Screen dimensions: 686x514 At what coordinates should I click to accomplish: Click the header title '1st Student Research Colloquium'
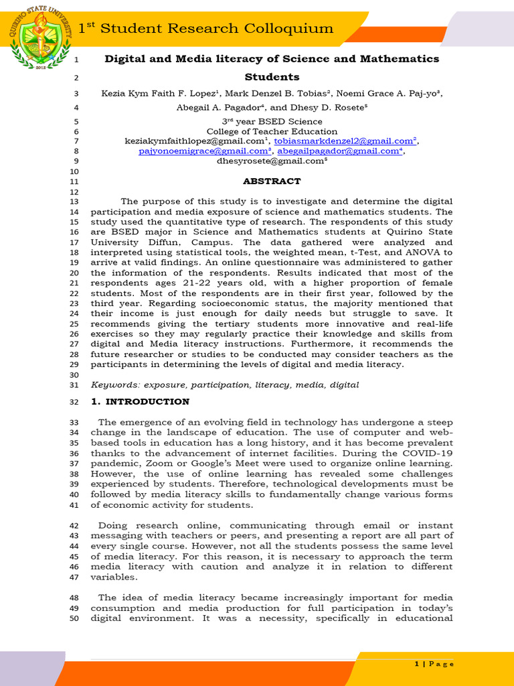pyautogui.click(x=206, y=28)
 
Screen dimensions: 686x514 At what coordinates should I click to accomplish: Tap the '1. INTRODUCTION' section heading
pyautogui.click(x=140, y=401)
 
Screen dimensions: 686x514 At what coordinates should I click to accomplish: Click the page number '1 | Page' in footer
pyautogui.click(x=434, y=664)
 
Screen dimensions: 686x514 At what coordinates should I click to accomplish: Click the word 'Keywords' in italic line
pyautogui.click(x=115, y=385)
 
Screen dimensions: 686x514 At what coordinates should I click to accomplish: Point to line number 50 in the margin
pyautogui.click(x=74, y=618)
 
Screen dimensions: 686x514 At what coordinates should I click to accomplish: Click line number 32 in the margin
pyautogui.click(x=74, y=402)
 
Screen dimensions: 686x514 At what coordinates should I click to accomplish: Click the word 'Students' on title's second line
pyautogui.click(x=272, y=77)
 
